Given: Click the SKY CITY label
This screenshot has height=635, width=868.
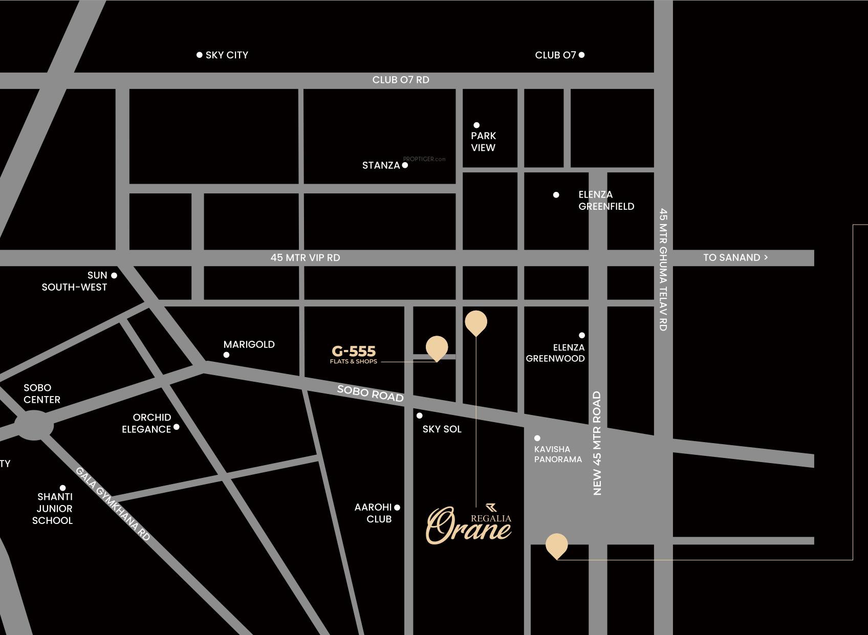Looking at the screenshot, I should [x=227, y=55].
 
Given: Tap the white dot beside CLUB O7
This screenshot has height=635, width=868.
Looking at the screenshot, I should [x=581, y=55].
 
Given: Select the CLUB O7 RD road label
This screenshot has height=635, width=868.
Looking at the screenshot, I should [x=401, y=80].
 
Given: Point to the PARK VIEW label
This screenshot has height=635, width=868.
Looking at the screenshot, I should [x=483, y=142].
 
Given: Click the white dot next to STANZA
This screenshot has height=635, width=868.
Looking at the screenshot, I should [x=405, y=165].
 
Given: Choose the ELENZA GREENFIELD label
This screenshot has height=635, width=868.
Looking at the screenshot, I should [x=606, y=201].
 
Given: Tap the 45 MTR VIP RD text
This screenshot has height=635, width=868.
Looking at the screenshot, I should [x=305, y=258].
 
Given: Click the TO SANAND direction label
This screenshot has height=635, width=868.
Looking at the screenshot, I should [x=735, y=258].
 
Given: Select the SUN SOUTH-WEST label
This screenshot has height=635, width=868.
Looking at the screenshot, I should [x=75, y=281].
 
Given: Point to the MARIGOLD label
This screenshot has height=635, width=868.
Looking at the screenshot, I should [x=249, y=345].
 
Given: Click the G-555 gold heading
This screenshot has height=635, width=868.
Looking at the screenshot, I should [x=354, y=352].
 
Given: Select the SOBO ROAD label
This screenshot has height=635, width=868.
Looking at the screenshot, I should [x=370, y=393].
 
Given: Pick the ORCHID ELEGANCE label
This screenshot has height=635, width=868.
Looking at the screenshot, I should [x=146, y=424].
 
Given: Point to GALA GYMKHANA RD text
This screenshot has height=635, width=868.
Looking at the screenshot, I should [x=113, y=503].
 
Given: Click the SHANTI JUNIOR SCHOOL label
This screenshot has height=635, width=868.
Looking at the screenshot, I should [x=53, y=509].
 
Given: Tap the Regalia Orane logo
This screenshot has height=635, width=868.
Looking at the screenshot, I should [x=469, y=524].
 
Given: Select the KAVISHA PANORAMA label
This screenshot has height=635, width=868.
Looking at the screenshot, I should [x=558, y=454].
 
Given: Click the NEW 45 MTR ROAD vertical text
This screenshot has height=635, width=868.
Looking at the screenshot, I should [x=597, y=443].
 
